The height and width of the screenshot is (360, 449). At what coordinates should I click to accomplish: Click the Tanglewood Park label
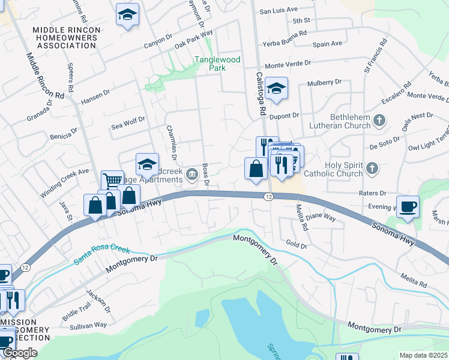[x=209, y=64]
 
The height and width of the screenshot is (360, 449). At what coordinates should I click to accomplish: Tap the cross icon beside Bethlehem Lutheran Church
[x=379, y=121]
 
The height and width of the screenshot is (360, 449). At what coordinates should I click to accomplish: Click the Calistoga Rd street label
[x=261, y=94]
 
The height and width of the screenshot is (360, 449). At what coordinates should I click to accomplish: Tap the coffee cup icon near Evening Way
[x=408, y=206]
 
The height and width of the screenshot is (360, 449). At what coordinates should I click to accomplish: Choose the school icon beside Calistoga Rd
[x=276, y=88]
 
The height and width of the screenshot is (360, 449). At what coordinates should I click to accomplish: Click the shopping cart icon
[x=112, y=180]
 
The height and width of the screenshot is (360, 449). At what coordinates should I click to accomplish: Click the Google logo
[x=20, y=353]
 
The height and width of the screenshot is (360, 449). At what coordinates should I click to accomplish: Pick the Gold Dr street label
[x=297, y=245]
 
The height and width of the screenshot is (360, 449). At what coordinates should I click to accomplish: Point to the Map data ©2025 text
[x=424, y=355]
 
